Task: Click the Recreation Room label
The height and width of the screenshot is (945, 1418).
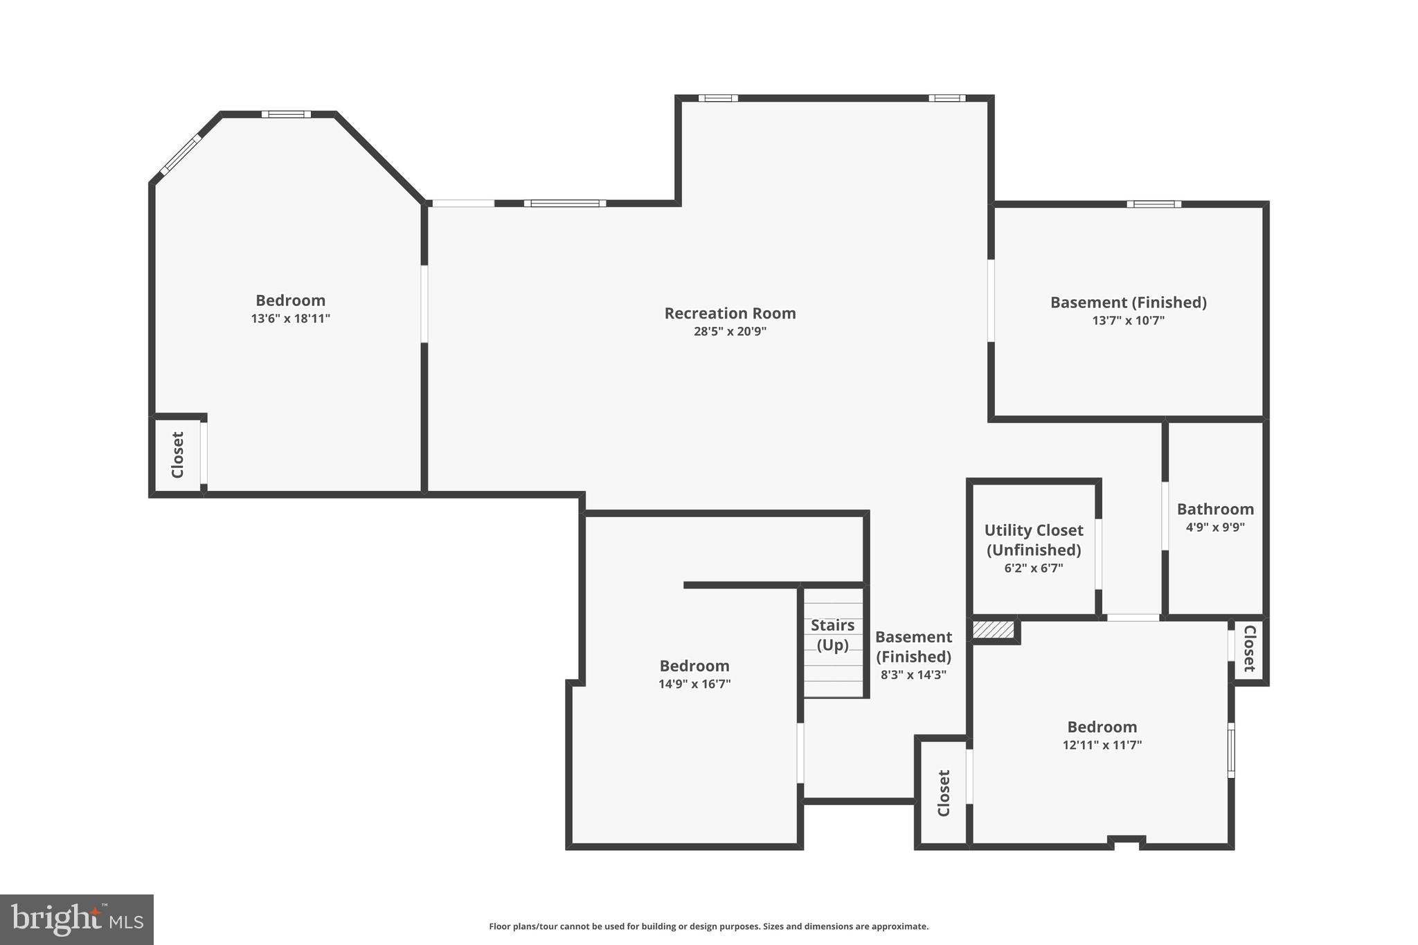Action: pos(730,313)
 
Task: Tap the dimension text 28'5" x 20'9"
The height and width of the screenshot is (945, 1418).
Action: pos(730,332)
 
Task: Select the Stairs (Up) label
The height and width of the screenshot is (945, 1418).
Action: pos(832,635)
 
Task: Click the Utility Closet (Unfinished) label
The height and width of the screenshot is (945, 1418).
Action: pos(1033,540)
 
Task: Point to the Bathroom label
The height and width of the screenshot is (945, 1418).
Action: pos(1215,509)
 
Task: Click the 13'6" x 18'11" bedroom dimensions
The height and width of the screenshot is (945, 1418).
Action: pos(290,319)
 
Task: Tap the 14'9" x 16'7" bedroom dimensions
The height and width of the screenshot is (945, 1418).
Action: pos(694,685)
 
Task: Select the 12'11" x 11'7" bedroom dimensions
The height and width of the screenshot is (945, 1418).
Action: pos(1102,746)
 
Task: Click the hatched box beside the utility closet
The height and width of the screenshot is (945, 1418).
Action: pos(993,629)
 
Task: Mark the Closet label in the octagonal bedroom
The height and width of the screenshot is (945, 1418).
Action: pos(178,455)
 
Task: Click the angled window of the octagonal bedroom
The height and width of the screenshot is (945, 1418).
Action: pos(181,154)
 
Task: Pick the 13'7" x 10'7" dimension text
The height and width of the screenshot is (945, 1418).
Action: pos(1128,321)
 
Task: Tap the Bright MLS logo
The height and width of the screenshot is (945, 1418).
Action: pos(76,919)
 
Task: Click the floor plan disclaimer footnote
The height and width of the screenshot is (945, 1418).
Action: pos(708,926)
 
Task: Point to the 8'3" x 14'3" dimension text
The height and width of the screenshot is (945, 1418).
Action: pos(913,675)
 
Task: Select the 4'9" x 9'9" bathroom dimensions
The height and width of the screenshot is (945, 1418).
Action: pos(1215,527)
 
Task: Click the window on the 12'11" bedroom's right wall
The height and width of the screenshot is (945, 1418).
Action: pos(1231,750)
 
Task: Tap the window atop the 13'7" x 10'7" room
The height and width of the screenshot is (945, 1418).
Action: pos(1154,204)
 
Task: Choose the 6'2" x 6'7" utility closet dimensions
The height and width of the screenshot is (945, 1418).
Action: pos(1033,568)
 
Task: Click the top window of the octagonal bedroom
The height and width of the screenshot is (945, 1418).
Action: pos(286,114)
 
